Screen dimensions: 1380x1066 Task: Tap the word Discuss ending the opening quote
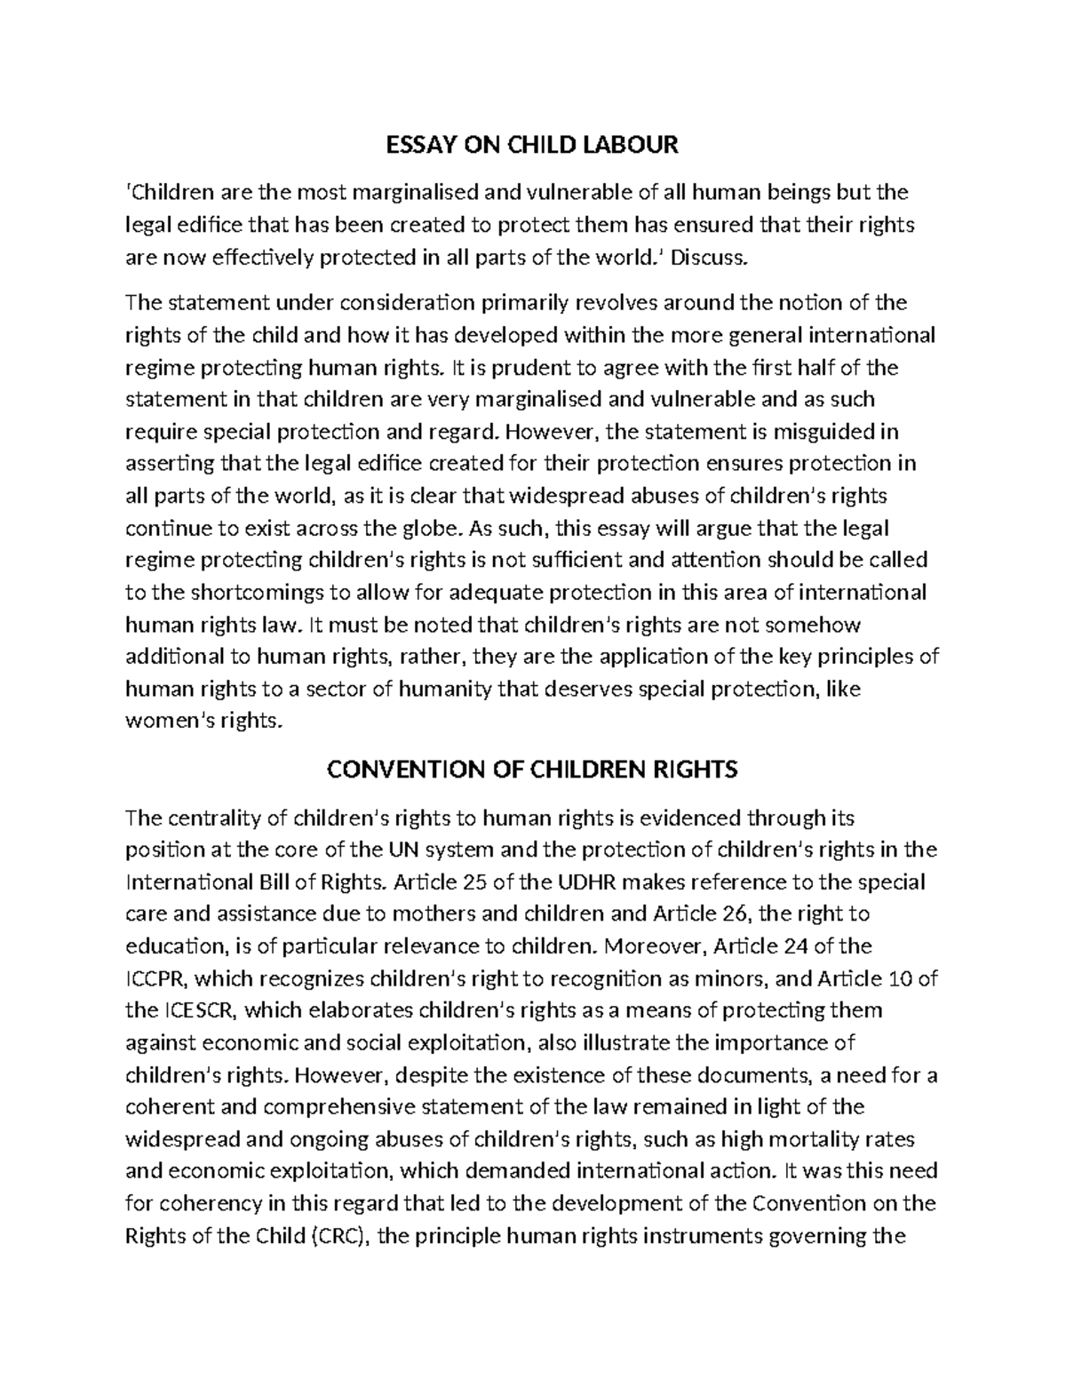[x=711, y=258]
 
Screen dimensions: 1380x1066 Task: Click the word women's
[x=164, y=721]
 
